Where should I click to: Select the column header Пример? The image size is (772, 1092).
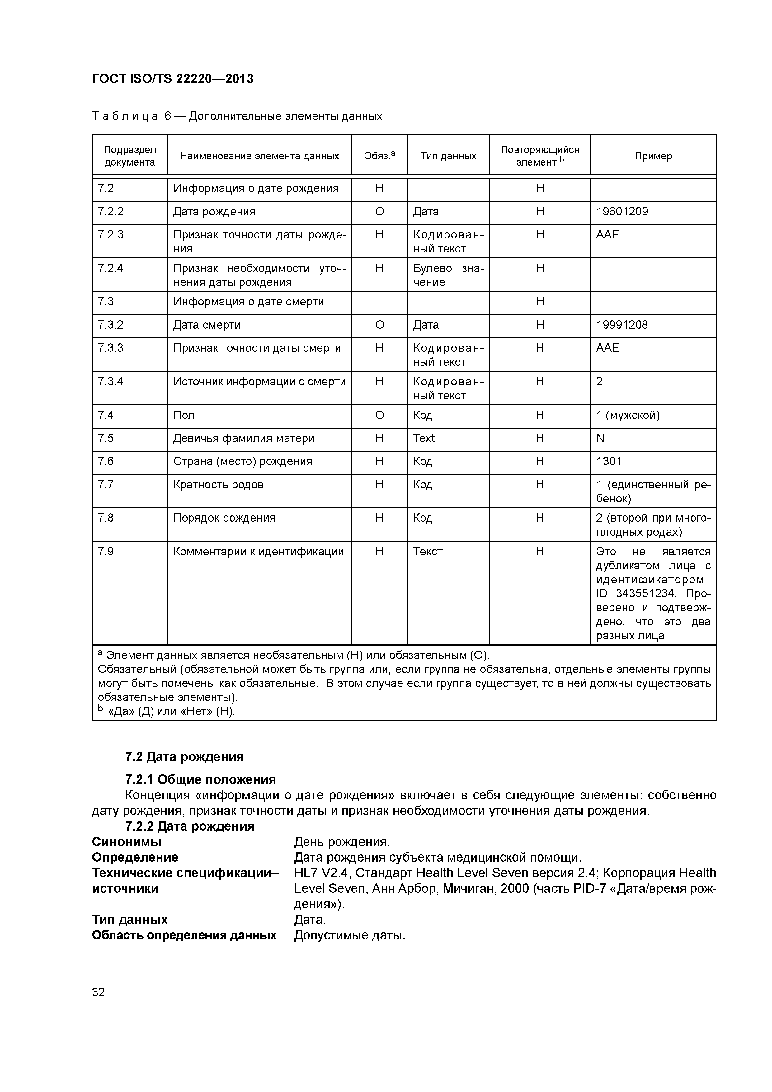click(653, 156)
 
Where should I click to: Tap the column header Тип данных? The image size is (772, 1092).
click(448, 156)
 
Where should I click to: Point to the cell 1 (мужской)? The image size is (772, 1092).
click(628, 415)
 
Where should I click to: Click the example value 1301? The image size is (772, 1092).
click(609, 461)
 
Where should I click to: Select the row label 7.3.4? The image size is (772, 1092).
click(111, 381)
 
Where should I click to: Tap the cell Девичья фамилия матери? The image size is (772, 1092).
click(243, 438)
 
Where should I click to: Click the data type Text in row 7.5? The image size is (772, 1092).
click(424, 438)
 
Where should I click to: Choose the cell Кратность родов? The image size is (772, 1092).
click(218, 485)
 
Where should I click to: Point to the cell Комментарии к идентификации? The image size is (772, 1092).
click(258, 552)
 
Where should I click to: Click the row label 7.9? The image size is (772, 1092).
click(106, 552)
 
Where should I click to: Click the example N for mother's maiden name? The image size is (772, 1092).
click(600, 438)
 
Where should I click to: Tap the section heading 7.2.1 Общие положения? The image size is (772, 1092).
click(200, 779)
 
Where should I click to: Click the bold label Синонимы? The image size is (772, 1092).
click(126, 841)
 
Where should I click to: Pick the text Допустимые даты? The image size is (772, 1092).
click(350, 935)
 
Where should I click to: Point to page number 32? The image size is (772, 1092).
click(98, 992)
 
